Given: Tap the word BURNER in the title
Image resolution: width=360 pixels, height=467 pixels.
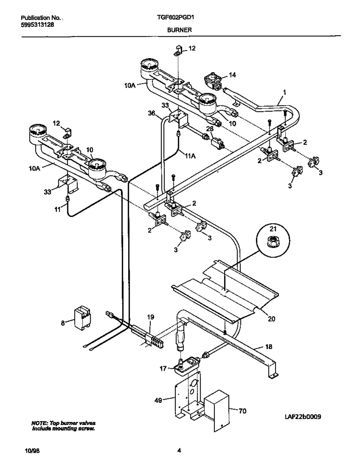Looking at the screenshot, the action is (x=180, y=30).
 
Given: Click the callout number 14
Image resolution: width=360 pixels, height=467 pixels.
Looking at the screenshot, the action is (x=232, y=75).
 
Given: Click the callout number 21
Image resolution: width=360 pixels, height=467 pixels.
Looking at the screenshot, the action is (x=273, y=229).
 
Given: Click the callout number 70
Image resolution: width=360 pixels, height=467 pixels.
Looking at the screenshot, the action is (x=242, y=411).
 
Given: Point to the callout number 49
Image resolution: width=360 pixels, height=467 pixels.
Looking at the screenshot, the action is (x=158, y=400).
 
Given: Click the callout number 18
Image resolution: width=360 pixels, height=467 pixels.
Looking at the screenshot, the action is (x=269, y=346).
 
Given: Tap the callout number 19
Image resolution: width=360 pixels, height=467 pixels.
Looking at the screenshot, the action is (x=150, y=317).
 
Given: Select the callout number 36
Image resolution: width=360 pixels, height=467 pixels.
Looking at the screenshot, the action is (x=152, y=113).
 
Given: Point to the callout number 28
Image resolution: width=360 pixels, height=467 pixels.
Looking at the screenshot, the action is (x=210, y=129).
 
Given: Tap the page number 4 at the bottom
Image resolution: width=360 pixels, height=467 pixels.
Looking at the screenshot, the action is (x=179, y=449).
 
